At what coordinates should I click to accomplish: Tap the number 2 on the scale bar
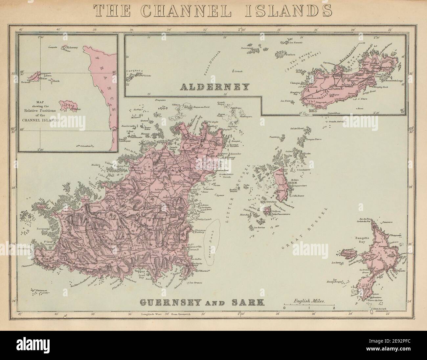pos(334,308)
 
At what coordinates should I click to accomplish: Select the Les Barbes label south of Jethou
pos(254,226)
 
